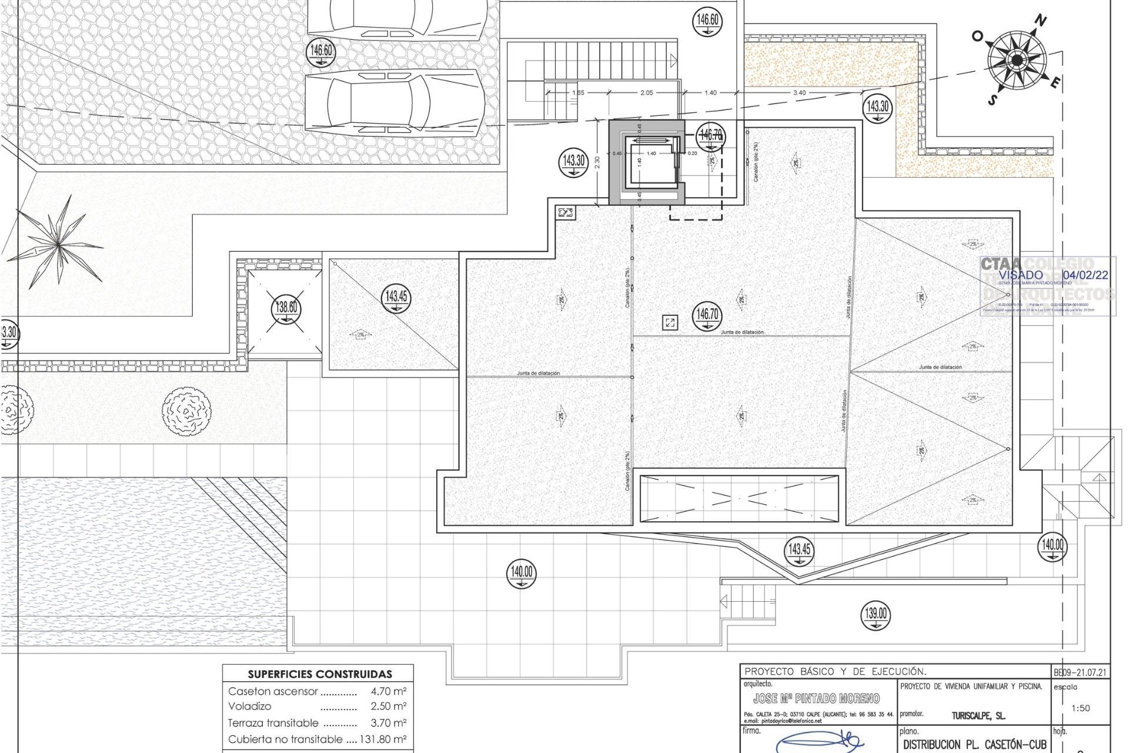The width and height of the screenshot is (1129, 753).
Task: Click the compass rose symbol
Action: tap(1017, 60)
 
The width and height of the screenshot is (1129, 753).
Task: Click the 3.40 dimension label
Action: tap(799, 93)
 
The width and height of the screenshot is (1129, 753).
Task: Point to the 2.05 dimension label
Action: tap(646, 93)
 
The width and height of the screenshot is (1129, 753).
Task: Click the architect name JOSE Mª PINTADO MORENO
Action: tap(816, 698)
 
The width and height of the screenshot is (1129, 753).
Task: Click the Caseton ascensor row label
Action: tap(273, 691)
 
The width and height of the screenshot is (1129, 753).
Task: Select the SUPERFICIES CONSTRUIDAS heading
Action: tap(319, 674)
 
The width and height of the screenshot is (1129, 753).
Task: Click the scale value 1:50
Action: tap(1080, 708)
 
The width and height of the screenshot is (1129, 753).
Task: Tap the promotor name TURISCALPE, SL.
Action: tap(978, 716)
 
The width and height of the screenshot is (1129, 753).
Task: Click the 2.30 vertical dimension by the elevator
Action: tap(597, 162)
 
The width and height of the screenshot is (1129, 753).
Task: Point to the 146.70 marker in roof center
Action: tap(707, 315)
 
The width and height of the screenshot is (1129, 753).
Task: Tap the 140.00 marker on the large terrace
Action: tap(522, 572)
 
